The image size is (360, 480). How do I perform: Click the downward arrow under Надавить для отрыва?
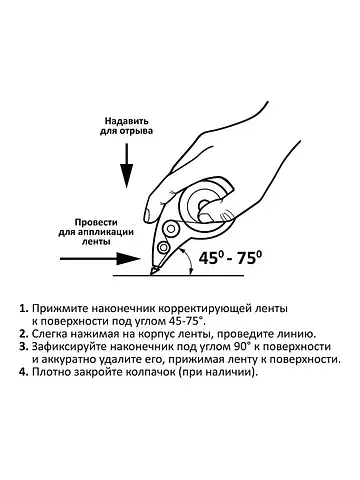point(127,166)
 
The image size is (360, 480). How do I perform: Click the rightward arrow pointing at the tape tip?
point(100,258)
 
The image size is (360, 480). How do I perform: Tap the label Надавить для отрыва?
point(126,126)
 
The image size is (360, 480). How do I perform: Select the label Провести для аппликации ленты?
point(96,232)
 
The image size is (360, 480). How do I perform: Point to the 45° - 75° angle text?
point(230,258)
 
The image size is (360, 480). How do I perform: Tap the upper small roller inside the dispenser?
point(171,228)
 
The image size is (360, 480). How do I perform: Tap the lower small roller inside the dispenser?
point(163,247)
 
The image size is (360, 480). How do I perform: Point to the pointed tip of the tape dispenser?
point(152,274)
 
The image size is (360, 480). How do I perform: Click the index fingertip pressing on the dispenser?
point(148,215)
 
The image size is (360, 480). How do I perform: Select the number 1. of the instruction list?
point(24,308)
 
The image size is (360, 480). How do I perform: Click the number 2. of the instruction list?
point(24,334)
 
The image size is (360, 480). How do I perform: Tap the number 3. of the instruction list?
point(24,347)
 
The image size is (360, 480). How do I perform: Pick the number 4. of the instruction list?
point(24,372)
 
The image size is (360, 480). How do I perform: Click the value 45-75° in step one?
point(184,321)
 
